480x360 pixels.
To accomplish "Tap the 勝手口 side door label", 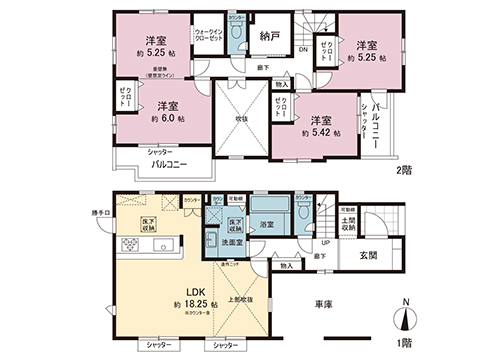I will (x=101, y=211).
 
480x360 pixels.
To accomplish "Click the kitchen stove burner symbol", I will (x=128, y=245).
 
